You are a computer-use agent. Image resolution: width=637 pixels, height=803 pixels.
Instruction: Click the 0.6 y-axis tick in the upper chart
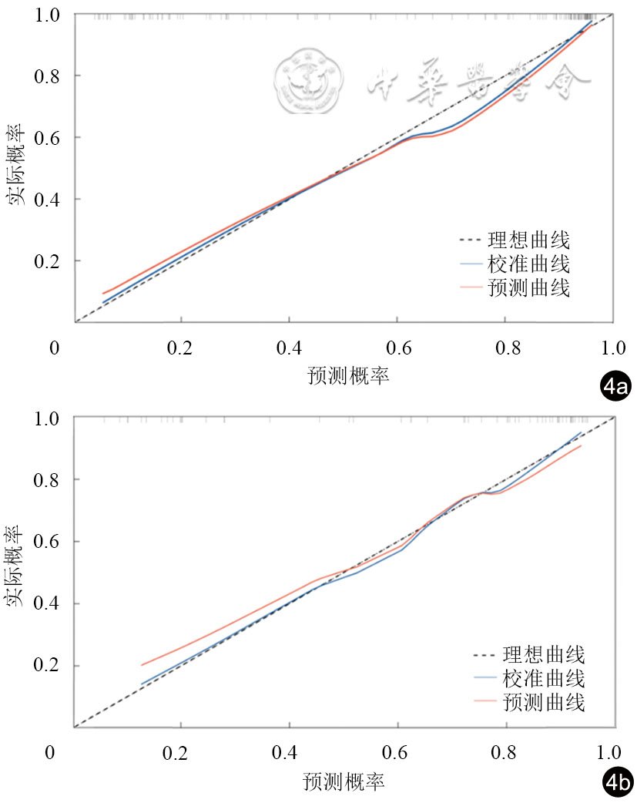pos(49,138)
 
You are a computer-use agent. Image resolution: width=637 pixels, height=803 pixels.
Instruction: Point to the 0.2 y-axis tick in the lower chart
pos(49,666)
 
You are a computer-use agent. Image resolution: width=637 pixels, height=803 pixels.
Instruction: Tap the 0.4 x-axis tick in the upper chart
pos(289,348)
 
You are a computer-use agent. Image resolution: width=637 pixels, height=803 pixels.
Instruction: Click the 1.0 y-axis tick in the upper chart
pos(49,15)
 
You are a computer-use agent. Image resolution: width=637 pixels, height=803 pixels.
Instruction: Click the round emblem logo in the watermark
pos(307,77)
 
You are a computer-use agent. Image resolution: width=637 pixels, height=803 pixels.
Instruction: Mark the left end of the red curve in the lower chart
pos(141,665)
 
